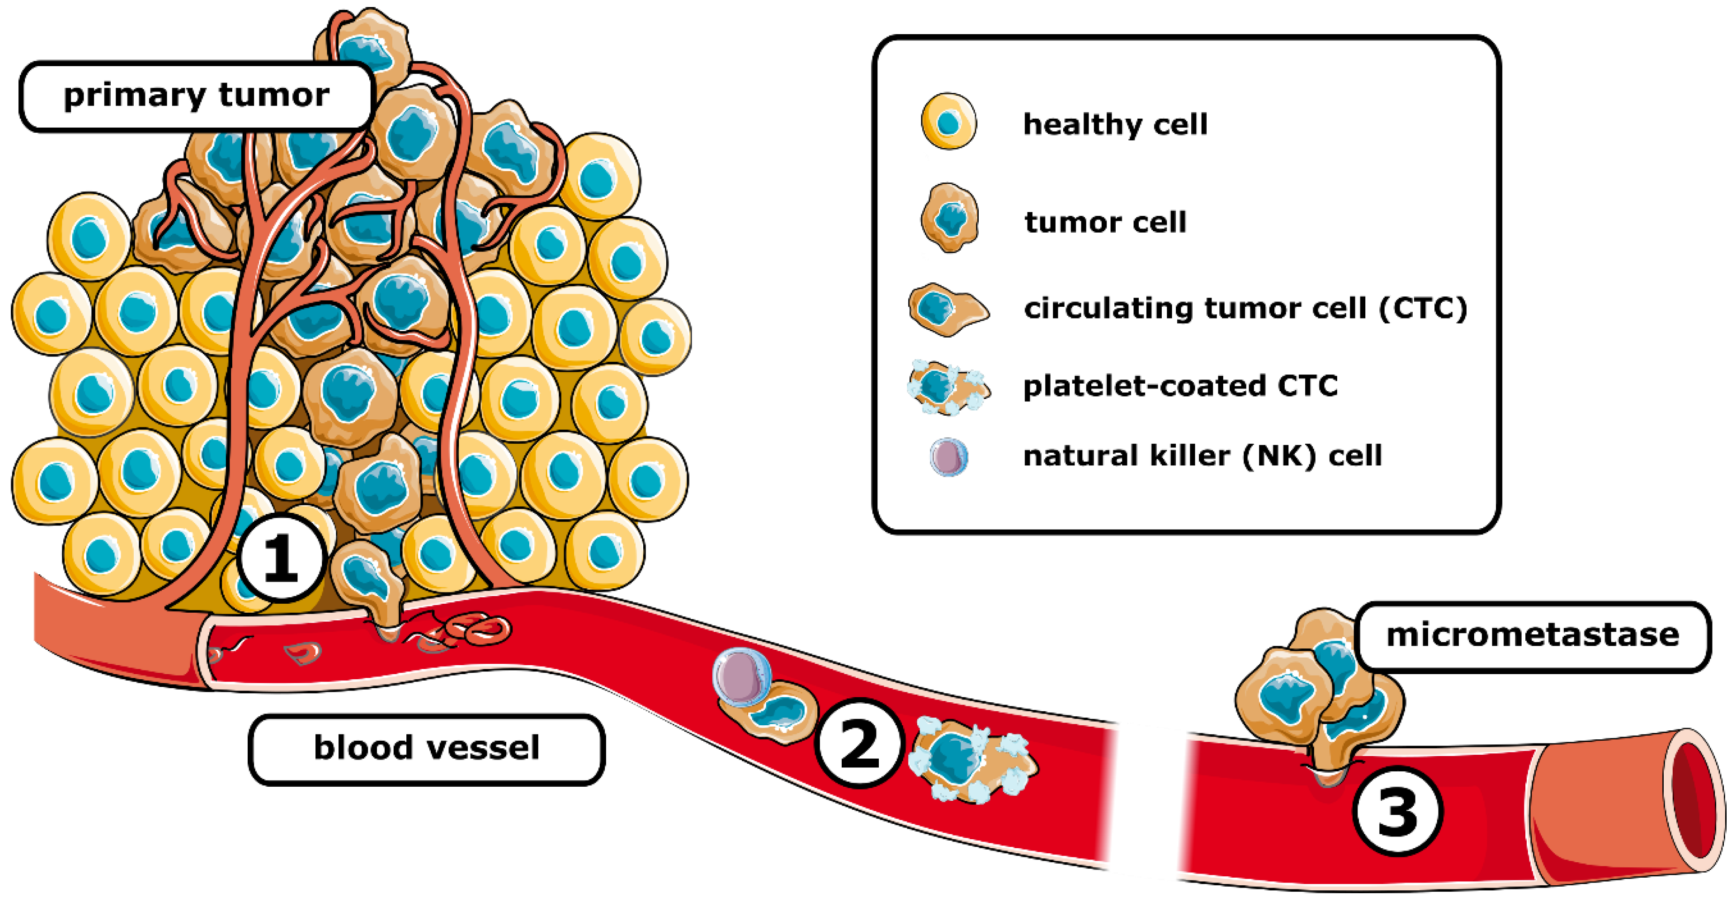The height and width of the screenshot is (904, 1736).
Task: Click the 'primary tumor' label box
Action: coord(196,96)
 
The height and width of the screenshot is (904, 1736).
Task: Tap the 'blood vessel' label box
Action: coord(426,748)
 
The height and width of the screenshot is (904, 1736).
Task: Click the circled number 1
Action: coord(281,558)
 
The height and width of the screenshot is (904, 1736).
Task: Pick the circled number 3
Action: coord(1397,811)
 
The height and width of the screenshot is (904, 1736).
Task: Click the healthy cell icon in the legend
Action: coord(948,122)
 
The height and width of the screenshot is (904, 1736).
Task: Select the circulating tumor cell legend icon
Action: coord(947,309)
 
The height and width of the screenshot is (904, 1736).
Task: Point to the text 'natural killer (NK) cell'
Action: coord(1202,456)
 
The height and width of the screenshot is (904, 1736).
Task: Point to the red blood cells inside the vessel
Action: coord(475,631)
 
